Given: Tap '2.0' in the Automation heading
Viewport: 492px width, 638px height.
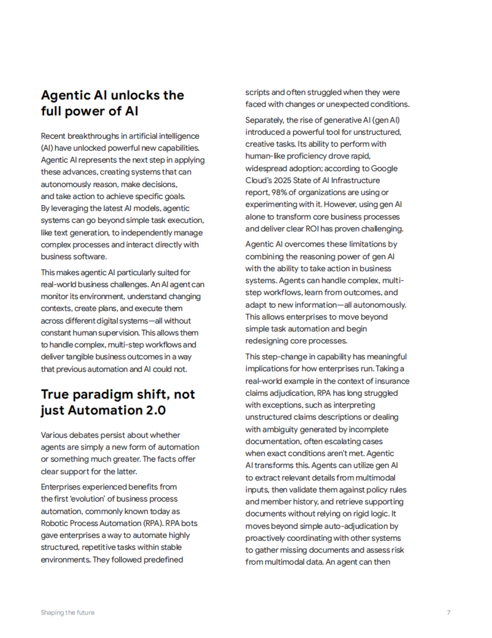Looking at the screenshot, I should pos(153,410).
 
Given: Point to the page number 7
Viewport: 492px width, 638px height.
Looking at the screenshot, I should pos(449,613).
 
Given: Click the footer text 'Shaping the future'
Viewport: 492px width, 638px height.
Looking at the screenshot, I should pos(68,613).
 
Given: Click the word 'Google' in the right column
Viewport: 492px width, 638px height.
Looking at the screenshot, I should pos(384,168).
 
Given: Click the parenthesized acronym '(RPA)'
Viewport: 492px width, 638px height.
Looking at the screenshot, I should pos(152,523).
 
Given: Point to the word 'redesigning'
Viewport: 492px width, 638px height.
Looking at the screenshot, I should pos(266,341).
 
